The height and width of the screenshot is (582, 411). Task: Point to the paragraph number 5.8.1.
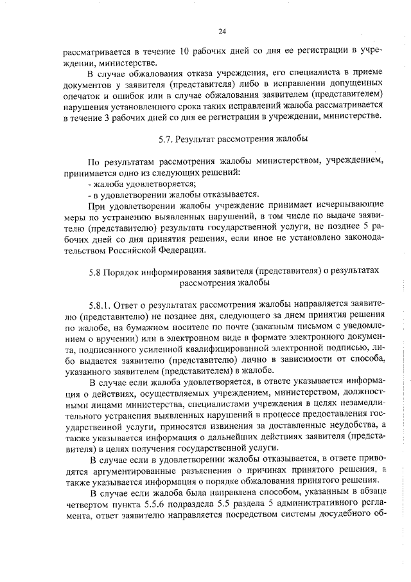(102, 304)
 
